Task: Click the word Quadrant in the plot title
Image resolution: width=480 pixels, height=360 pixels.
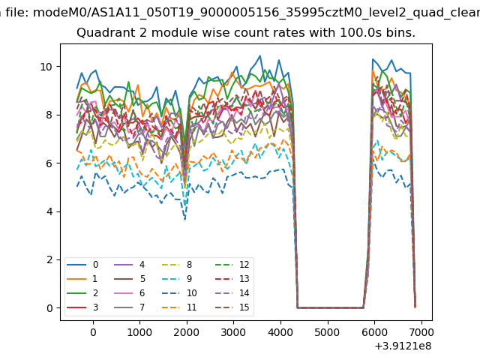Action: pyautogui.click(x=102, y=34)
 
